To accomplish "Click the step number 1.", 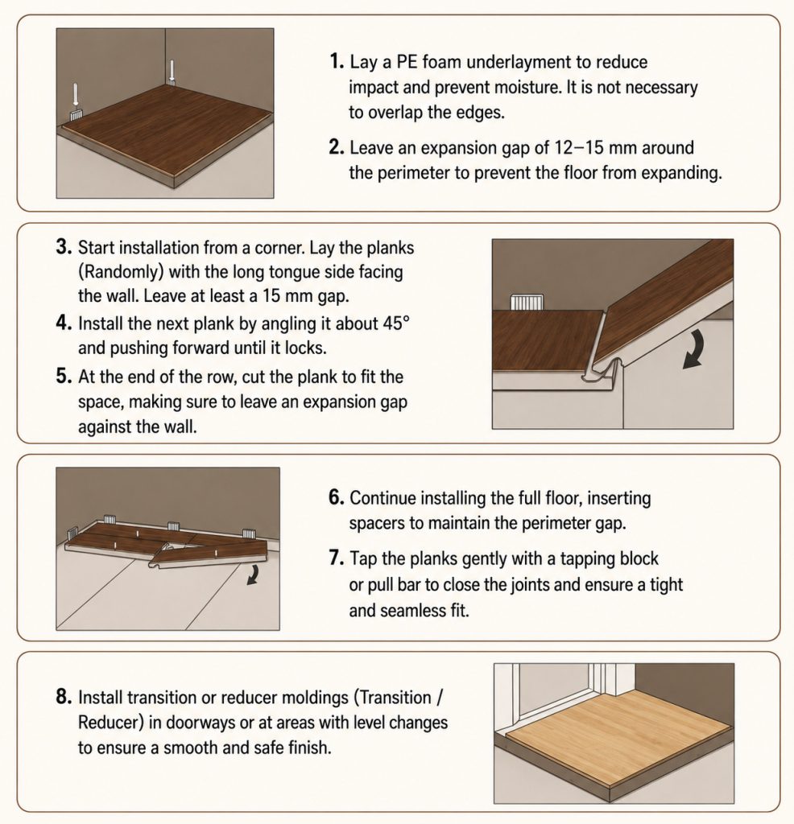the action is click(337, 61).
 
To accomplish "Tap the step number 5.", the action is click(63, 377).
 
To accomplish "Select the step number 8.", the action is click(63, 697).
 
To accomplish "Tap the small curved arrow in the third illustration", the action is click(253, 575).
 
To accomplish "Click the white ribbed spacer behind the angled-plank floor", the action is click(527, 302).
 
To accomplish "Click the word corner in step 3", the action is click(279, 248).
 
